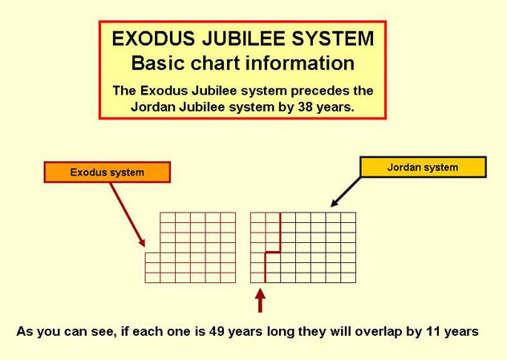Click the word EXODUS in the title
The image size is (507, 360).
click(153, 38)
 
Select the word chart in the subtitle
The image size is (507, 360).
click(215, 63)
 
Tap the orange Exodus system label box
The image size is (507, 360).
click(107, 172)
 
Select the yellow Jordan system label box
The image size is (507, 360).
click(423, 167)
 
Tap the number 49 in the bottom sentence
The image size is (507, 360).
click(217, 332)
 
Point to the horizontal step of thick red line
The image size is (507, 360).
click(273, 252)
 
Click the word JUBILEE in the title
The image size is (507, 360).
click(243, 38)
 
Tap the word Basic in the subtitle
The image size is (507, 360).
click(158, 63)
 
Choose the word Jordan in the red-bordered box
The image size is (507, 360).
click(152, 107)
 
